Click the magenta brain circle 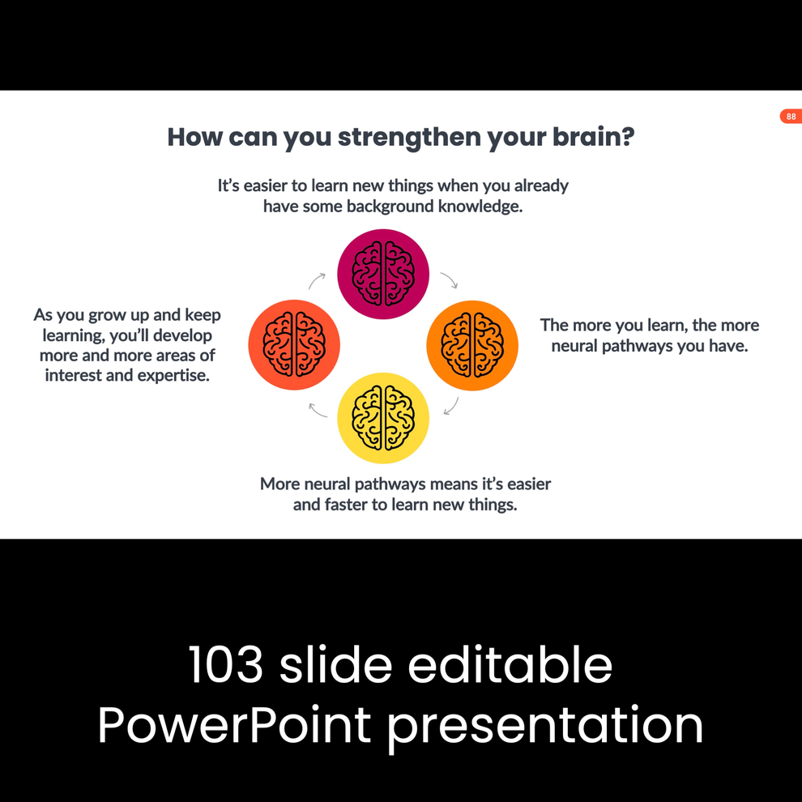click(x=383, y=274)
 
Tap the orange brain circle click(x=472, y=345)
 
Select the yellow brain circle click(x=383, y=418)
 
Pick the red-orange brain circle click(x=294, y=345)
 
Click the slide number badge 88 click(x=791, y=117)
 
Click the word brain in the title click(x=587, y=136)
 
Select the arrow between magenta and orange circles click(x=449, y=280)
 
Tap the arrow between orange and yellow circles click(x=451, y=406)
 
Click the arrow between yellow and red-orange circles click(x=318, y=410)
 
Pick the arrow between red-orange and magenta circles click(x=317, y=280)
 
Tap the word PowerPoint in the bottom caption click(x=233, y=725)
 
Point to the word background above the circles click(x=390, y=207)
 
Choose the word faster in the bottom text click(x=350, y=505)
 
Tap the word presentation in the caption click(x=545, y=725)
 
